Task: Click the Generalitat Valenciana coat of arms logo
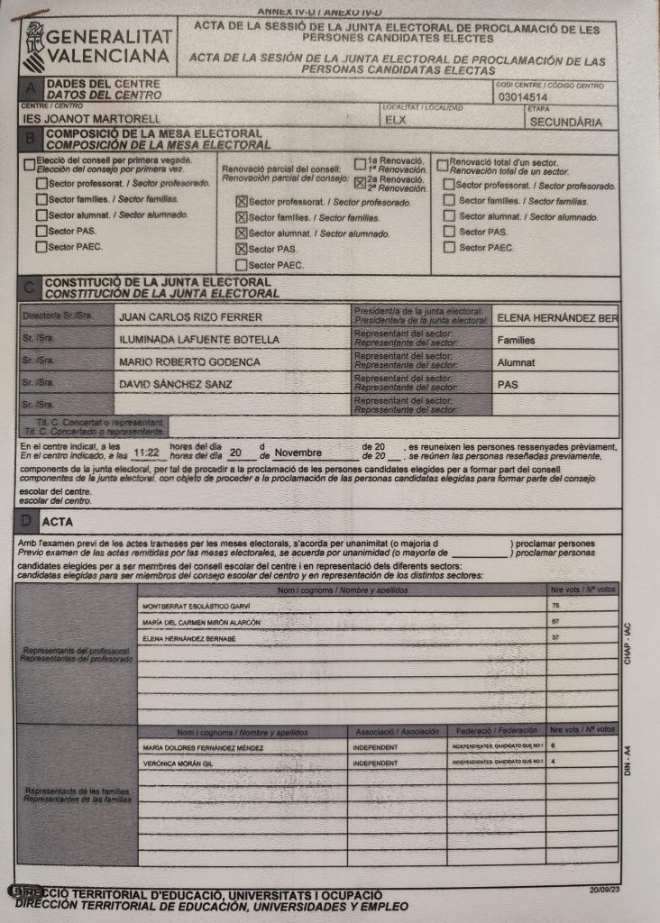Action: [x=33, y=41]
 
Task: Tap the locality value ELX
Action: [x=394, y=120]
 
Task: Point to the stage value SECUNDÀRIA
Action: [x=565, y=121]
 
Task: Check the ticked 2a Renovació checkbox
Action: [x=361, y=181]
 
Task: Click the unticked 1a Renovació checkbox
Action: [x=361, y=164]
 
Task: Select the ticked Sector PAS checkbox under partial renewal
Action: [x=241, y=249]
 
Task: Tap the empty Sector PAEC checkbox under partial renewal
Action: [x=241, y=265]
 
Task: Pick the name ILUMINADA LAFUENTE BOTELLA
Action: [x=198, y=340]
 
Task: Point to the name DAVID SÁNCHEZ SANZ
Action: [x=176, y=384]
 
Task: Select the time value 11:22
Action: [x=145, y=452]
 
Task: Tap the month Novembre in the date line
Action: [x=298, y=452]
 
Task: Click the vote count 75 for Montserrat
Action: [x=555, y=606]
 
